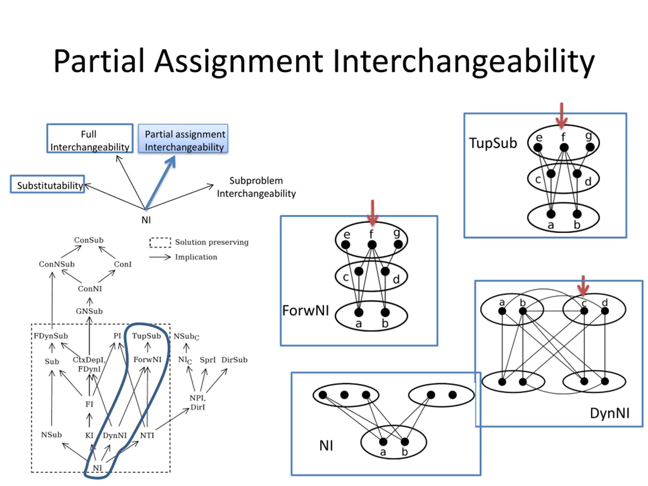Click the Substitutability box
[47, 184]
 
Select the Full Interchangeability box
[90, 138]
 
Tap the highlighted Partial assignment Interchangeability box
[183, 138]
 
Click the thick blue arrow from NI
[160, 182]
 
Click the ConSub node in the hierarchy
[89, 240]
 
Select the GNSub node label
[89, 311]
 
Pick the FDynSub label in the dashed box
[51, 336]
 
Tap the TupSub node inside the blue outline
[147, 336]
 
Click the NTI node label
[147, 435]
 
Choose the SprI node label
[208, 360]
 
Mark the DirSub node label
[234, 360]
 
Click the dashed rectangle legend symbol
[160, 242]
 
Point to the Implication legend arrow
[160, 257]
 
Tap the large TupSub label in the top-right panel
[493, 143]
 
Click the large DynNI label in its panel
[610, 413]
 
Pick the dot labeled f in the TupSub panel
[564, 147]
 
